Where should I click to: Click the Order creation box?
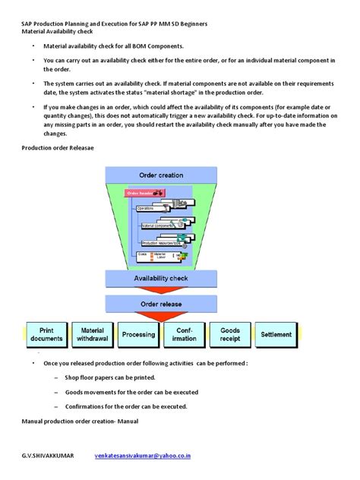tap(161, 175)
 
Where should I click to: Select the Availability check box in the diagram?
tap(161, 257)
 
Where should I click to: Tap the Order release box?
tap(161, 283)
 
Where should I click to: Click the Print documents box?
tap(46, 334)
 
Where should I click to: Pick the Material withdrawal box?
tap(93, 334)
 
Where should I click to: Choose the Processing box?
tap(138, 334)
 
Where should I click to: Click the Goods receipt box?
tap(230, 334)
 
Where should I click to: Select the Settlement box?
tap(276, 334)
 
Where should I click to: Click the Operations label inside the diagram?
tap(145, 207)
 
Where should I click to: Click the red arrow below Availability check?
tap(161, 270)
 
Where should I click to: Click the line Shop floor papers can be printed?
tap(110, 377)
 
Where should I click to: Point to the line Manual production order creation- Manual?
tap(81, 420)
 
